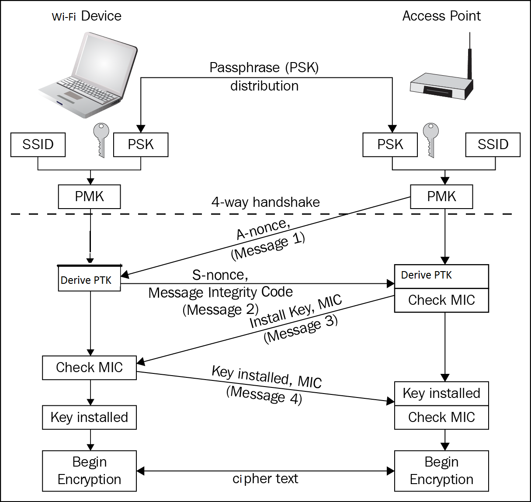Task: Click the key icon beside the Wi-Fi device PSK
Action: [101, 139]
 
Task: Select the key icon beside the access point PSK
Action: [431, 139]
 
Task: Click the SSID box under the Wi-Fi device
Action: [38, 145]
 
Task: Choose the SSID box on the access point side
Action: [493, 145]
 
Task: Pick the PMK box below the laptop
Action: [90, 197]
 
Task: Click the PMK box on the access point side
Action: [441, 197]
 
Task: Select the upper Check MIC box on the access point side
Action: [441, 300]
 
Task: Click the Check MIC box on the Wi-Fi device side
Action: [90, 368]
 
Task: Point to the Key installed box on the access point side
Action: [441, 394]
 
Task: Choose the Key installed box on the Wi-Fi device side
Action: [90, 418]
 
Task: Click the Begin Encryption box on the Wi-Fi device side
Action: [90, 471]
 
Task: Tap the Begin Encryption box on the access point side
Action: [441, 471]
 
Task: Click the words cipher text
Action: [265, 479]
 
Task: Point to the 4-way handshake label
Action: [265, 202]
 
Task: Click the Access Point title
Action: [441, 16]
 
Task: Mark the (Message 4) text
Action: [264, 395]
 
